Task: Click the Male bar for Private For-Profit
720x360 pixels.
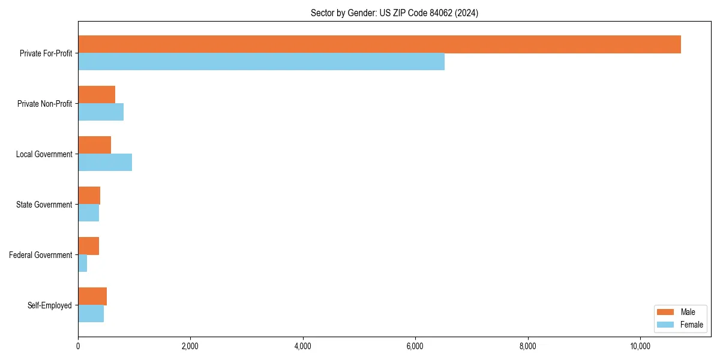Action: pyautogui.click(x=379, y=44)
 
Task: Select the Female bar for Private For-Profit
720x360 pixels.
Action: pyautogui.click(x=261, y=62)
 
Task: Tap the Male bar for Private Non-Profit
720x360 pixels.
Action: pyautogui.click(x=97, y=95)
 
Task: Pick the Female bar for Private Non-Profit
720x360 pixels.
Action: pyautogui.click(x=101, y=112)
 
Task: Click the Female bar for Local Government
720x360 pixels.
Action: pyautogui.click(x=105, y=163)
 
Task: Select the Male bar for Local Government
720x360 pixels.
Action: pyautogui.click(x=94, y=145)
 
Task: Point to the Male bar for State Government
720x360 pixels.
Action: pyautogui.click(x=89, y=196)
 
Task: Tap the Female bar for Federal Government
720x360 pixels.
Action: pyautogui.click(x=83, y=263)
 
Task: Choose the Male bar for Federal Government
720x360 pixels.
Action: pyautogui.click(x=88, y=246)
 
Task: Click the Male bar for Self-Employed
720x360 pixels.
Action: pyautogui.click(x=92, y=296)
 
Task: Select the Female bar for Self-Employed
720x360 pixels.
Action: pyautogui.click(x=91, y=314)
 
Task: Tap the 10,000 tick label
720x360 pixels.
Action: pyautogui.click(x=640, y=346)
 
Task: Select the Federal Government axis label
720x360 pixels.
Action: pyautogui.click(x=41, y=255)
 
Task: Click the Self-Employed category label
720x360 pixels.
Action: pyautogui.click(x=50, y=305)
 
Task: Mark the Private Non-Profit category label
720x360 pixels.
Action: pyautogui.click(x=44, y=104)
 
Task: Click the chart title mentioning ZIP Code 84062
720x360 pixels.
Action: pyautogui.click(x=394, y=13)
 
